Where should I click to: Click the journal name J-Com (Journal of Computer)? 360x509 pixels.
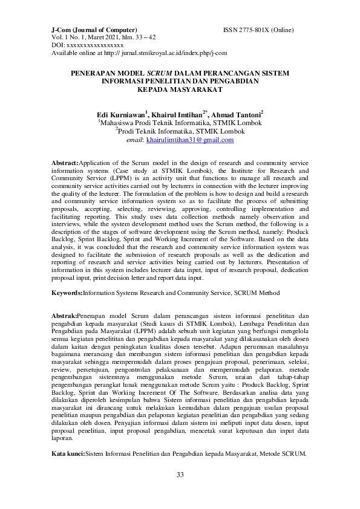tap(94, 30)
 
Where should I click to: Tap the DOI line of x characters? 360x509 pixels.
tap(88, 45)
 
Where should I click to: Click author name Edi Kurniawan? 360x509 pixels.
tap(122, 114)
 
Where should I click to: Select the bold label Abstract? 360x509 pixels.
tap(65, 164)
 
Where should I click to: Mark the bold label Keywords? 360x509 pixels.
tap(67, 293)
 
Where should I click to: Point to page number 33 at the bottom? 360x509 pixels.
tap(180, 475)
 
